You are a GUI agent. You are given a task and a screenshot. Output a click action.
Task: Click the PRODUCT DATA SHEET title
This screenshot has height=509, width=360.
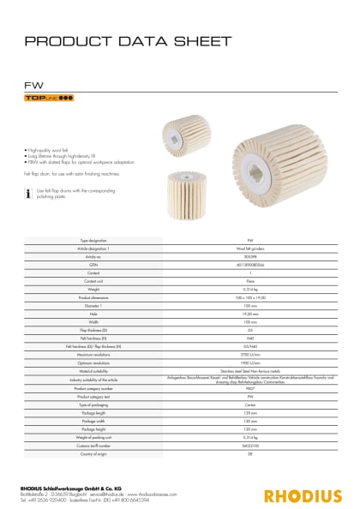pyautogui.click(x=129, y=40)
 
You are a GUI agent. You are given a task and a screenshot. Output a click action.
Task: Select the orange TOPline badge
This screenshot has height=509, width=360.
pyautogui.click(x=49, y=100)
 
